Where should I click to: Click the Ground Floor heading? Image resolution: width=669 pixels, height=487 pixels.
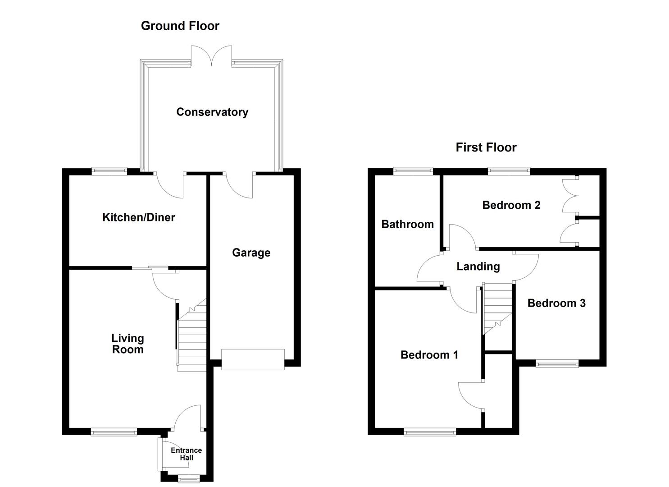[180, 26]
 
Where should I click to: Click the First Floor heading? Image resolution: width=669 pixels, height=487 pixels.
[486, 147]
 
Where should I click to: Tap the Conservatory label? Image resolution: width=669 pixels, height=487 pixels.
[212, 112]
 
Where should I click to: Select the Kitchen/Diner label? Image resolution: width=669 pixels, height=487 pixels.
[138, 217]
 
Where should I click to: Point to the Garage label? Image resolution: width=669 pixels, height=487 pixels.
[251, 253]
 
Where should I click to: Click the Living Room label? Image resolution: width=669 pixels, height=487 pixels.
[127, 344]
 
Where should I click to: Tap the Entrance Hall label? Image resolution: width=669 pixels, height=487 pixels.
[186, 454]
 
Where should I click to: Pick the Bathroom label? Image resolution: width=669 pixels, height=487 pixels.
[407, 224]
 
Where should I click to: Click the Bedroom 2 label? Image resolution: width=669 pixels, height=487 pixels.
[511, 205]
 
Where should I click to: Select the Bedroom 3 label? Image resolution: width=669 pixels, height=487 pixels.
[556, 303]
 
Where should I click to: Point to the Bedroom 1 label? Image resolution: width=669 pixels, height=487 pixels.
[429, 355]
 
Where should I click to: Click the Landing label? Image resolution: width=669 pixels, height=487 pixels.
[478, 266]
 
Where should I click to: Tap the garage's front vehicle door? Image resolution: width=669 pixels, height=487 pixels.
[253, 359]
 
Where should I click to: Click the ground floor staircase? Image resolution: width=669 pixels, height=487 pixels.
[192, 343]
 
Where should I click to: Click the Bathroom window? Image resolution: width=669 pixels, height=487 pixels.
[413, 171]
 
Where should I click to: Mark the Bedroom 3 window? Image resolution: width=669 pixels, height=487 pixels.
[557, 363]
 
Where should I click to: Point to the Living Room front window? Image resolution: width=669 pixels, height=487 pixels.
[114, 432]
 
